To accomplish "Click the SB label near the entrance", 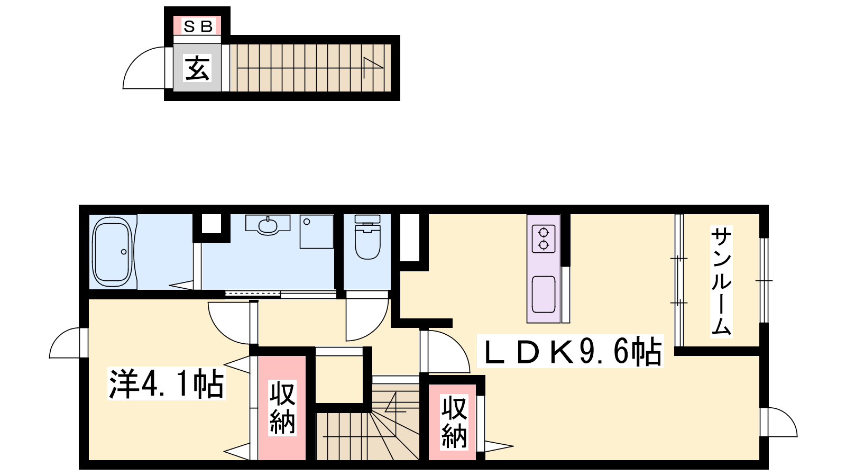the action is point(197,26).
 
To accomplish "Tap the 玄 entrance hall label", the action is point(197,68).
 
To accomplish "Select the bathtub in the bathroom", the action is point(113,252).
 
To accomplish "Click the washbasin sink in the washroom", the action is point(268,225).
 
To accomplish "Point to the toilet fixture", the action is point(367,237).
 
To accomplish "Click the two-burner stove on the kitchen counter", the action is point(544,239).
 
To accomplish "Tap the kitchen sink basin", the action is point(544,295).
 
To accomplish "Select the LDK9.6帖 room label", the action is point(571,351).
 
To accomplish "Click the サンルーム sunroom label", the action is point(721,281).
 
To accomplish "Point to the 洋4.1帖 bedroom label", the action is point(167,384).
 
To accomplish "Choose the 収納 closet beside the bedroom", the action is point(282,408).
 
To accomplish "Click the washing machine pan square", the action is point(317,232).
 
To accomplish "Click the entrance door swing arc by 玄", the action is point(136,60).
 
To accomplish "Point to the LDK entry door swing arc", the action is point(457,344).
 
